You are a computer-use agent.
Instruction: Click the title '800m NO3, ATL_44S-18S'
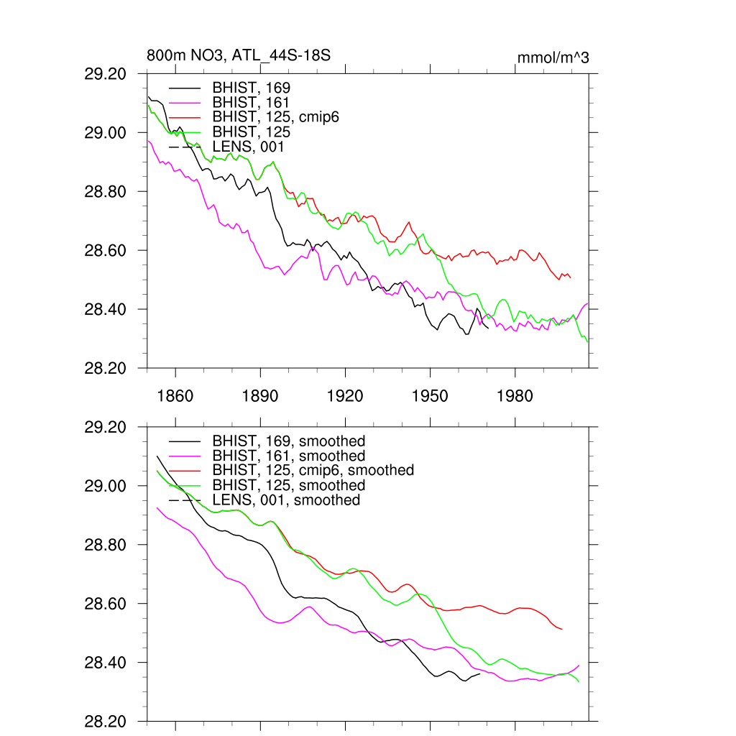239,56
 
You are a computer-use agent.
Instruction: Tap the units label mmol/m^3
553,57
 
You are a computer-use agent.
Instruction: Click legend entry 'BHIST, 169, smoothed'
288,441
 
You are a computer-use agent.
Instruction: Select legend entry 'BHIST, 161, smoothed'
288,456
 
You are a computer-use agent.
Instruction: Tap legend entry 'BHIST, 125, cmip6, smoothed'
313,470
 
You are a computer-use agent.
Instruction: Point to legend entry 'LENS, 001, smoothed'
285,500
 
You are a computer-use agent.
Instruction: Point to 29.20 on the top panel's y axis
106,74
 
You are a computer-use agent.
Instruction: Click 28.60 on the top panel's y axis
106,251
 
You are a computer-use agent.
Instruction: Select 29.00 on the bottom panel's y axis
106,487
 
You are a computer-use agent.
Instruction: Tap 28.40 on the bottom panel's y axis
106,663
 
